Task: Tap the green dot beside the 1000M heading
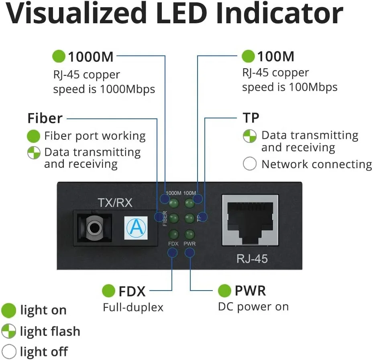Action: [59, 57]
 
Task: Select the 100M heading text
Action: [275, 57]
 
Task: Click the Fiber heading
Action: [45, 118]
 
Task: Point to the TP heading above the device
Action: [251, 118]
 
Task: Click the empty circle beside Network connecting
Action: [250, 164]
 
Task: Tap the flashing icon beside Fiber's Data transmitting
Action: [34, 153]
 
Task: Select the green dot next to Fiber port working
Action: [34, 136]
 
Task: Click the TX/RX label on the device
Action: [115, 203]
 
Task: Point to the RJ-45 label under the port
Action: [252, 258]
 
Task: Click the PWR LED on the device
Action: [189, 234]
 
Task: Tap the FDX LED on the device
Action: [173, 234]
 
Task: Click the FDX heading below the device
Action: [132, 291]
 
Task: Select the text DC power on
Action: [253, 307]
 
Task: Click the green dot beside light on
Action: [8, 310]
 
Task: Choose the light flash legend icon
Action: [8, 331]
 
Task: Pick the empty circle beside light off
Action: [8, 352]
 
